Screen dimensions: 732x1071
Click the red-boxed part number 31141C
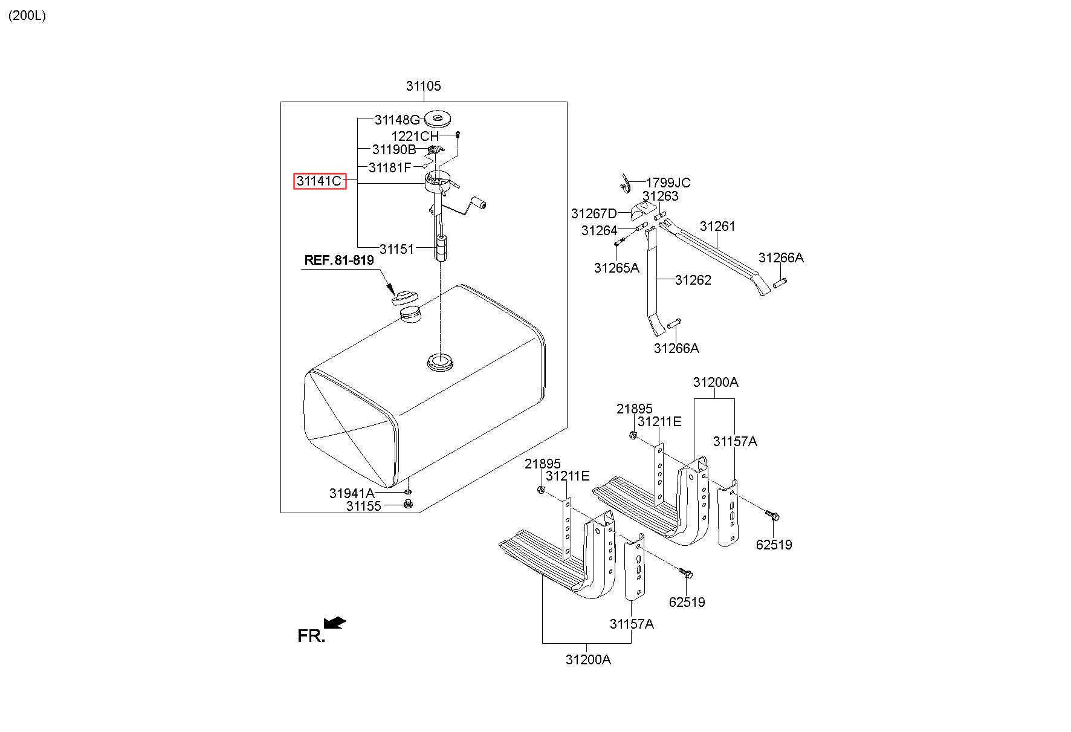[320, 181]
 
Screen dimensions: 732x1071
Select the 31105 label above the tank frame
[423, 86]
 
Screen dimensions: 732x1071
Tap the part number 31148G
[396, 120]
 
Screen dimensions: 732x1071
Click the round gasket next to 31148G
[439, 118]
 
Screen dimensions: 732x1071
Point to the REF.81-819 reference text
[338, 260]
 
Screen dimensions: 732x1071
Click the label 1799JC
[668, 183]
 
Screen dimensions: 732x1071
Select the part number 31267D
[594, 213]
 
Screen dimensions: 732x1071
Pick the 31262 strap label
[693, 280]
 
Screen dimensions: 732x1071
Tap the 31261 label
[717, 226]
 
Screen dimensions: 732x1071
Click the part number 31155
[364, 506]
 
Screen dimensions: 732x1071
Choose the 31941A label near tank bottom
[352, 493]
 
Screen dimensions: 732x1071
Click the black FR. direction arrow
[334, 623]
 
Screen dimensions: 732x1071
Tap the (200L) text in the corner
[27, 16]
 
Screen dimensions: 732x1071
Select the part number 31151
[396, 248]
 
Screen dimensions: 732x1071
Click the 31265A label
[616, 268]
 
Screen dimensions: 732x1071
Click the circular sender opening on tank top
[440, 361]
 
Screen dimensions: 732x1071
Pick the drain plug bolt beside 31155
[407, 505]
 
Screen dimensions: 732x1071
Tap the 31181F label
[390, 167]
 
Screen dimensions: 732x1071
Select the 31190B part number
[394, 149]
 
